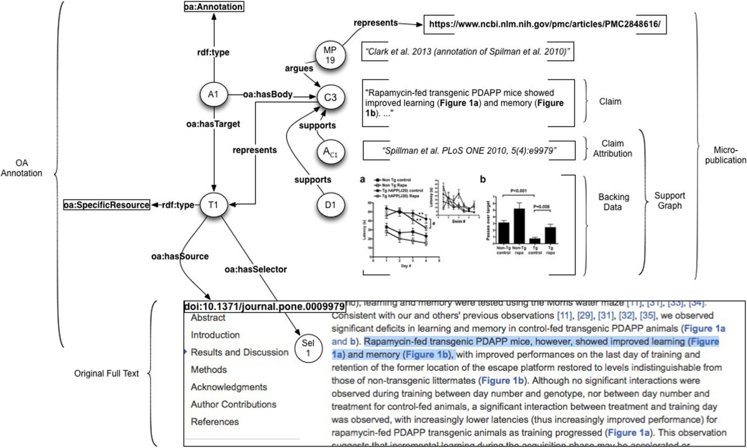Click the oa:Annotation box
213,7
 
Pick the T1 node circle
213,203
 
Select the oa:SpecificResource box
106,203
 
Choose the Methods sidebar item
209,370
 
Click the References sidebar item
215,422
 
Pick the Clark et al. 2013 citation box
466,52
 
